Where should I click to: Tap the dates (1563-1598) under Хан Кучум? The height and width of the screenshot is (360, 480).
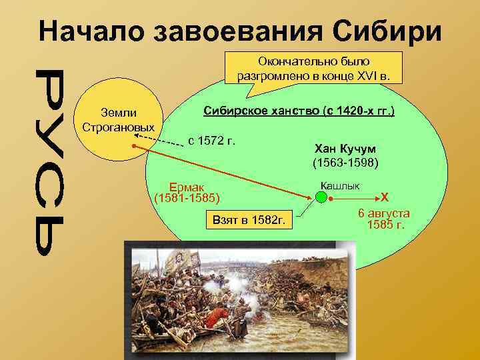tap(345, 162)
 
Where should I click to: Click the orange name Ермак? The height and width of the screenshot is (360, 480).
tap(188, 187)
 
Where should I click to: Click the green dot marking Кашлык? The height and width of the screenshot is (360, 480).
tap(321, 197)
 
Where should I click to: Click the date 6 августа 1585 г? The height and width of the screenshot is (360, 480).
tap(384, 219)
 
